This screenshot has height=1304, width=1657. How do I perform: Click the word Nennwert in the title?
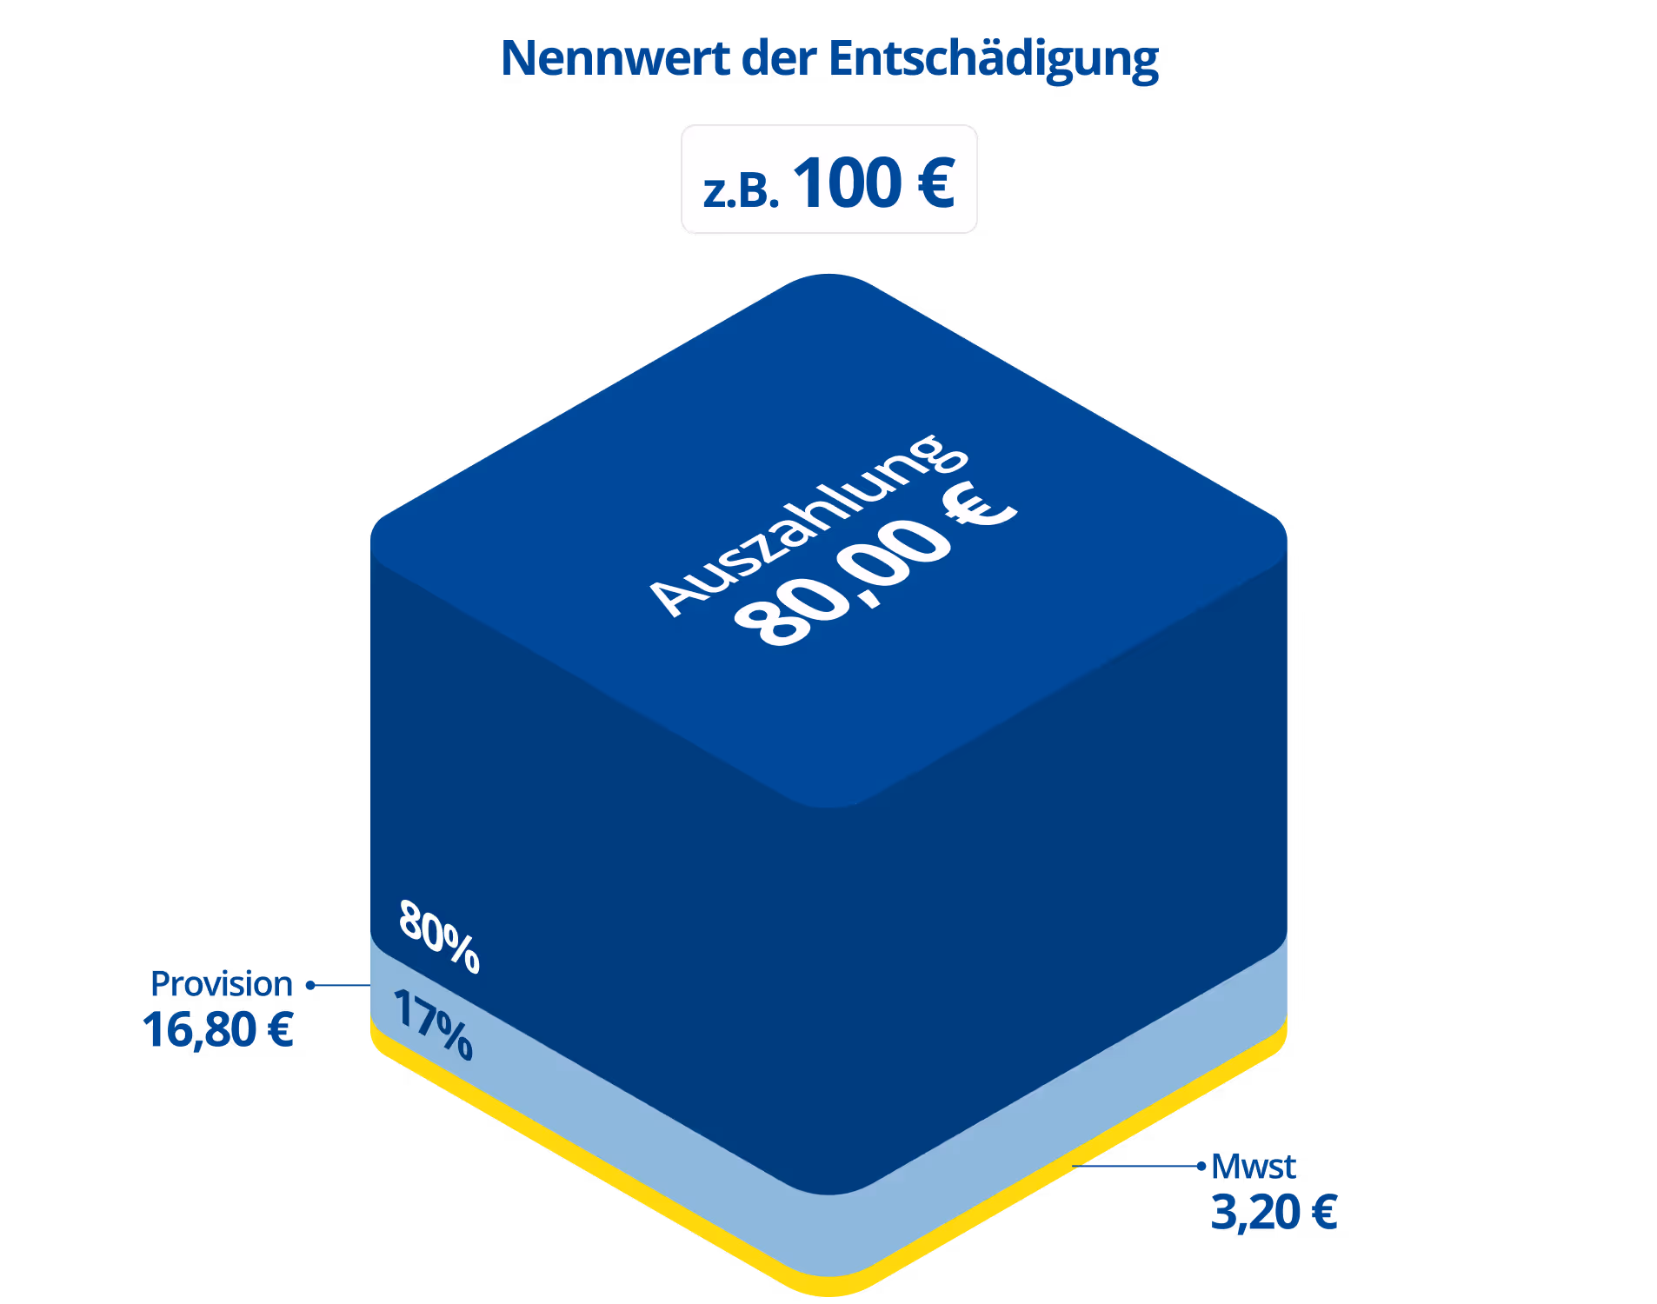[615, 58]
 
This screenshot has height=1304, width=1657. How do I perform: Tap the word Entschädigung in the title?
[993, 60]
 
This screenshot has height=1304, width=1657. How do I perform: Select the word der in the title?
[779, 58]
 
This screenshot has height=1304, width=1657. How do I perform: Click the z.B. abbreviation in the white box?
[741, 190]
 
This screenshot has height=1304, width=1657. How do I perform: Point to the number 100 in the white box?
[848, 183]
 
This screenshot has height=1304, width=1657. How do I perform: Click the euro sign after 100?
[936, 183]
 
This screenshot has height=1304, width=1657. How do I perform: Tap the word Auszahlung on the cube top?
[809, 525]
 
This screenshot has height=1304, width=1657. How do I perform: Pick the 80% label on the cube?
[439, 936]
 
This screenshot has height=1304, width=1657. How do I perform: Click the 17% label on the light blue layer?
[433, 1024]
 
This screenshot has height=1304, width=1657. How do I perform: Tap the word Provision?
[221, 984]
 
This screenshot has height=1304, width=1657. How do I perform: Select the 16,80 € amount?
[218, 1030]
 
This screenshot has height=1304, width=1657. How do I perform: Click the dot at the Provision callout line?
[309, 985]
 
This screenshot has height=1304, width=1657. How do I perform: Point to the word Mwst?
[1253, 1167]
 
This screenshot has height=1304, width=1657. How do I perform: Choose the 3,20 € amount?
[1274, 1213]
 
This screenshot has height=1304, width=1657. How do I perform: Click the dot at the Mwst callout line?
[1201, 1166]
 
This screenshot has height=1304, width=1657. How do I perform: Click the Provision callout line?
[341, 985]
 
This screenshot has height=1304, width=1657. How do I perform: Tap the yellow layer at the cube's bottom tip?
[828, 1287]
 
